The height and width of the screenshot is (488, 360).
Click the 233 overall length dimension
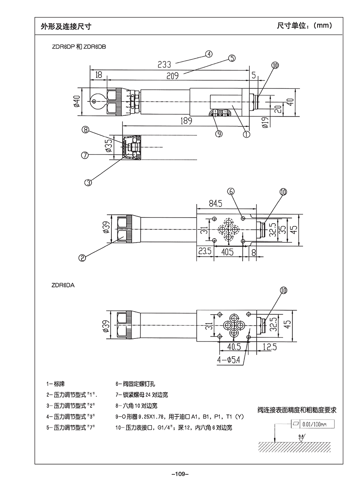[164, 64]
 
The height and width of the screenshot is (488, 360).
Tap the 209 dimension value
[172, 76]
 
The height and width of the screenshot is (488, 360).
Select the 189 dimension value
[185, 121]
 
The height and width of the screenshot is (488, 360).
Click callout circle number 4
[209, 54]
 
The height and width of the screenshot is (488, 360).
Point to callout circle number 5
[232, 58]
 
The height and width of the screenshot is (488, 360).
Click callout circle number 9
[219, 133]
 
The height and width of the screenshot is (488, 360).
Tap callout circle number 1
[246, 133]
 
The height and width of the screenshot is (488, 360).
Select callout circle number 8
[86, 129]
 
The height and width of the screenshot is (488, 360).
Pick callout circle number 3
[88, 182]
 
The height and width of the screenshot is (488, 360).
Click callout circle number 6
[231, 192]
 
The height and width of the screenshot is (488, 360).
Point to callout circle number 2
[82, 257]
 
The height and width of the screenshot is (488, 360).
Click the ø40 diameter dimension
[77, 101]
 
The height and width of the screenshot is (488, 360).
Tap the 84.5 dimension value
[216, 204]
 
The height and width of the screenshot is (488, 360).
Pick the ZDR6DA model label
[63, 285]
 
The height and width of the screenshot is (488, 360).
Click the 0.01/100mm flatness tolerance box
[312, 424]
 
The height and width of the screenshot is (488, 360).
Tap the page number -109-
[180, 474]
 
